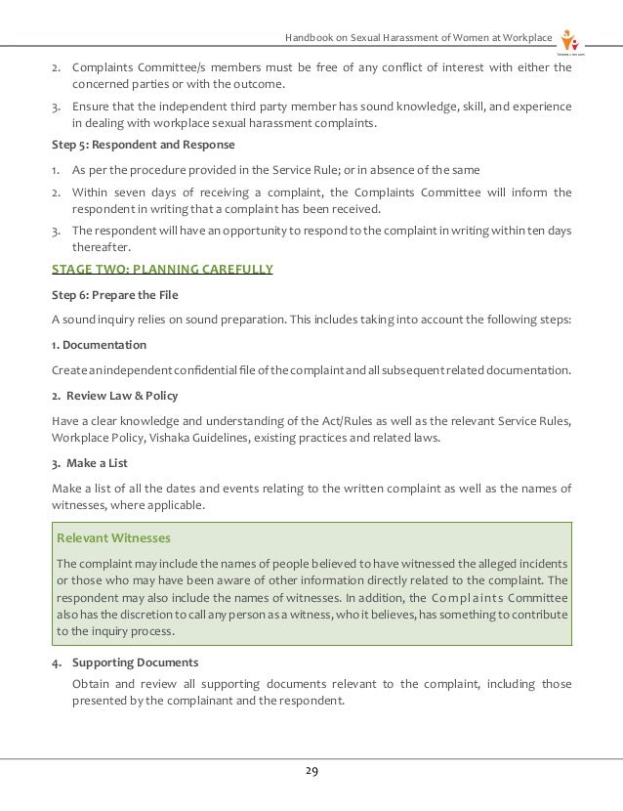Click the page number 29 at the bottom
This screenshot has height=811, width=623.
click(x=311, y=772)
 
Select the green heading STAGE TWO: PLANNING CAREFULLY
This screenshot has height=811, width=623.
click(x=162, y=270)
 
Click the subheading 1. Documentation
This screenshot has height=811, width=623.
click(x=99, y=345)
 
